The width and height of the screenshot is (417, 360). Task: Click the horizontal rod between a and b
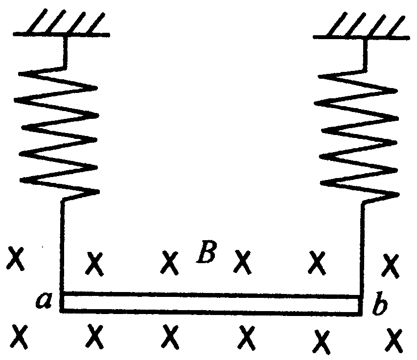[210, 302]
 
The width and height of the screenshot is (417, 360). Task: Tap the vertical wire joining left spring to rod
[62, 245]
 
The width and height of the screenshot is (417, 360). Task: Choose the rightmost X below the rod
[394, 338]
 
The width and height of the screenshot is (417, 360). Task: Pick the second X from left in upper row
[96, 263]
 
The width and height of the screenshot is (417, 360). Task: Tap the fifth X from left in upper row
[318, 263]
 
